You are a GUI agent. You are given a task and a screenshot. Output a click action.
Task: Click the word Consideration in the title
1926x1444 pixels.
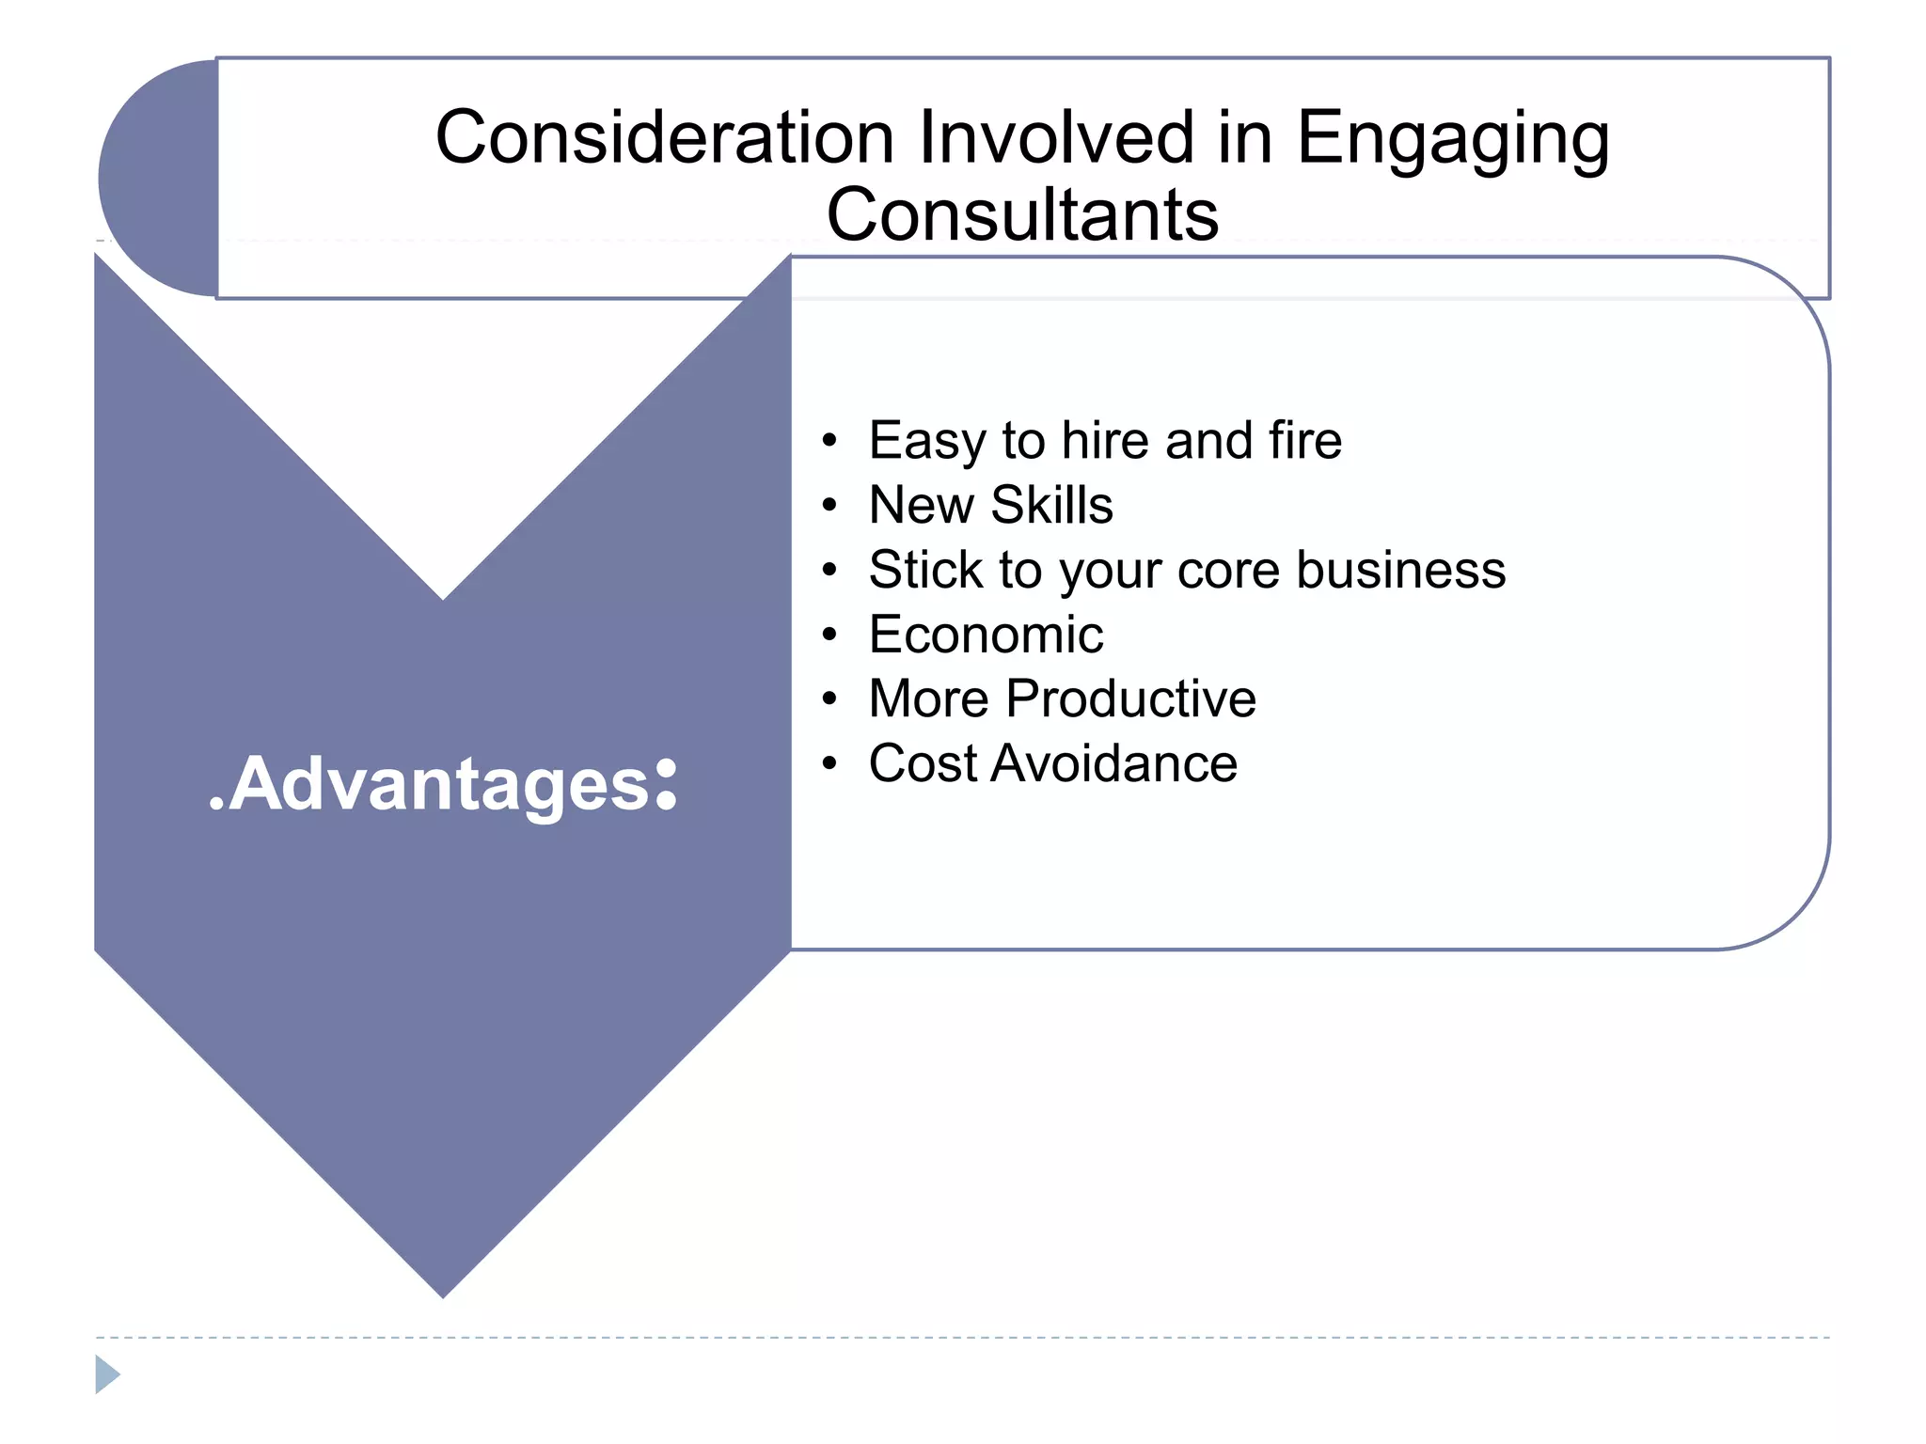[667, 138]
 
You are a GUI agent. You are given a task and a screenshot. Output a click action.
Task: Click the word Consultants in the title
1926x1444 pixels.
[1022, 215]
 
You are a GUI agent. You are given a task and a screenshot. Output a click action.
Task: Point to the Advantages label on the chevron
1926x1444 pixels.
[443, 784]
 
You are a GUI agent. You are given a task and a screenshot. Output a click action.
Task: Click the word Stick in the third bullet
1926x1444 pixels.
[924, 570]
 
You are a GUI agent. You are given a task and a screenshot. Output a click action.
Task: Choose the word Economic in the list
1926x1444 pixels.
[986, 635]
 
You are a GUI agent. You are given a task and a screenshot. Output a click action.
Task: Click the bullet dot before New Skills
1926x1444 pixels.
[829, 506]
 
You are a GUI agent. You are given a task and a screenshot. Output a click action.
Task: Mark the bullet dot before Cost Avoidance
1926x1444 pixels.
[829, 763]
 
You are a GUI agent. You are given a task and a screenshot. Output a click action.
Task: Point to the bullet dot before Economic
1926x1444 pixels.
[829, 636]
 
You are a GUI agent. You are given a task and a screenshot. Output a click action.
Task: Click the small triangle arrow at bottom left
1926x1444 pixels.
[107, 1374]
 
